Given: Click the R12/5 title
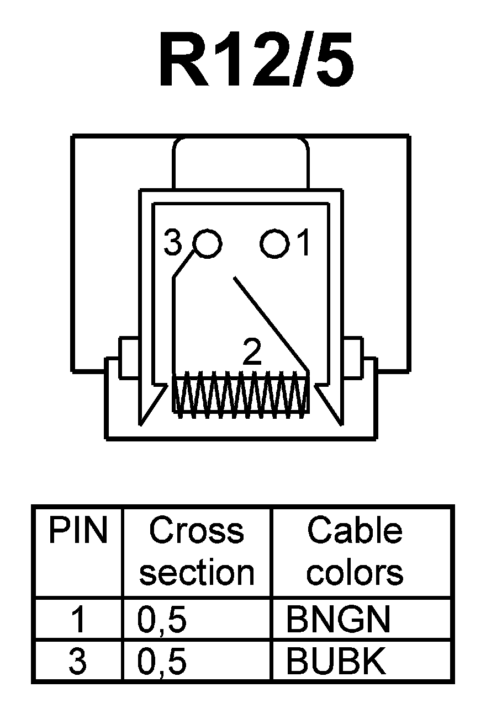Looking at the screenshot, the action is [x=256, y=60].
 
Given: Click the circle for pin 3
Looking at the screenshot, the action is [x=208, y=243].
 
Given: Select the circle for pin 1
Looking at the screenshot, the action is [x=274, y=243].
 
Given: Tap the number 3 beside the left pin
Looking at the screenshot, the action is [x=173, y=243].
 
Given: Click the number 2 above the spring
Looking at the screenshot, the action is [x=252, y=353].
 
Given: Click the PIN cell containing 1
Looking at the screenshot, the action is [x=77, y=620].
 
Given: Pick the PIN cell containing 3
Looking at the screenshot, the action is [x=77, y=662].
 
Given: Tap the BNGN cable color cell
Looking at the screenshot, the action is [x=338, y=620].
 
